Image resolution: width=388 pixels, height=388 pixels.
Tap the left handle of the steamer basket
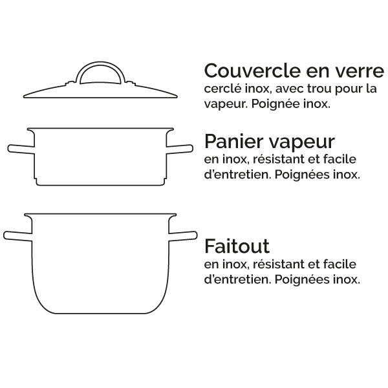tap(19, 149)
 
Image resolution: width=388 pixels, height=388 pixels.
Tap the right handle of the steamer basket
tap(180, 149)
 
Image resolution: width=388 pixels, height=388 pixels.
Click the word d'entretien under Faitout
tap(236, 280)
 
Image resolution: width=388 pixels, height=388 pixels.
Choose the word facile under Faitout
tap(341, 264)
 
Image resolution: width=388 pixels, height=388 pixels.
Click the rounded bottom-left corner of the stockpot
tap(40, 305)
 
